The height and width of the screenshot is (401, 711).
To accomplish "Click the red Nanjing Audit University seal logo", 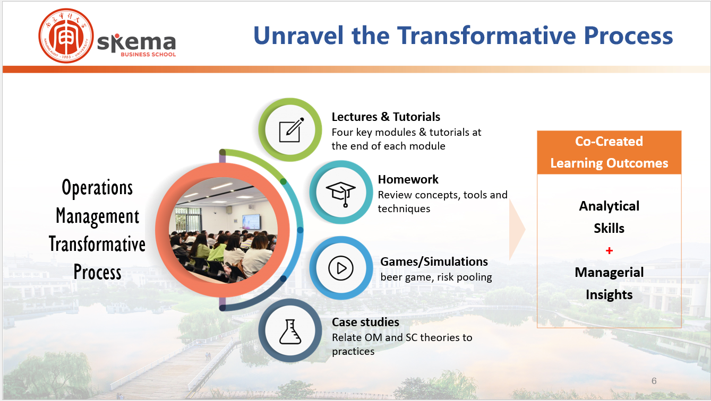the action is pyautogui.click(x=66, y=36).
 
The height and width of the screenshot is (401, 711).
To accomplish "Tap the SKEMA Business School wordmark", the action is pyautogui.click(x=136, y=45).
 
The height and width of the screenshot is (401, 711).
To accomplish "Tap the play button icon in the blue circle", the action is pyautogui.click(x=341, y=268).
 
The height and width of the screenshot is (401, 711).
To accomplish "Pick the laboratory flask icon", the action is pyautogui.click(x=290, y=332).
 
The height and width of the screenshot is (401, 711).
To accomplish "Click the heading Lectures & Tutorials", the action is pyautogui.click(x=386, y=117).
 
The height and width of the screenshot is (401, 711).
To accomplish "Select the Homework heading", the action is pyautogui.click(x=408, y=179).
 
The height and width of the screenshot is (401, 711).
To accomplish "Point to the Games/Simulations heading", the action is pyautogui.click(x=434, y=262).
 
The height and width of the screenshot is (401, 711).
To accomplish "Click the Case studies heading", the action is pyautogui.click(x=365, y=322).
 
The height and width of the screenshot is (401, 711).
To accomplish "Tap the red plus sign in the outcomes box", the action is pyautogui.click(x=609, y=251).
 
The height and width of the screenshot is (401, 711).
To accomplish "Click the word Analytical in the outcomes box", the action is pyautogui.click(x=609, y=206).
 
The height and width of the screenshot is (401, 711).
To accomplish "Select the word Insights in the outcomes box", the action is pyautogui.click(x=609, y=295).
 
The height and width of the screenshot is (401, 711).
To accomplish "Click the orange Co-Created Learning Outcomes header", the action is pyautogui.click(x=609, y=152).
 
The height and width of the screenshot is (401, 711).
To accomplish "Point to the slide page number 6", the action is pyautogui.click(x=654, y=381).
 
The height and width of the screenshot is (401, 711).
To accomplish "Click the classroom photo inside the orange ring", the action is pyautogui.click(x=224, y=230).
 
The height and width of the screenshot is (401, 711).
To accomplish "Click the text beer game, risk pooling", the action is pyautogui.click(x=436, y=277).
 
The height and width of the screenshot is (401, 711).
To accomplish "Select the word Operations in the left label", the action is pyautogui.click(x=97, y=188).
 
